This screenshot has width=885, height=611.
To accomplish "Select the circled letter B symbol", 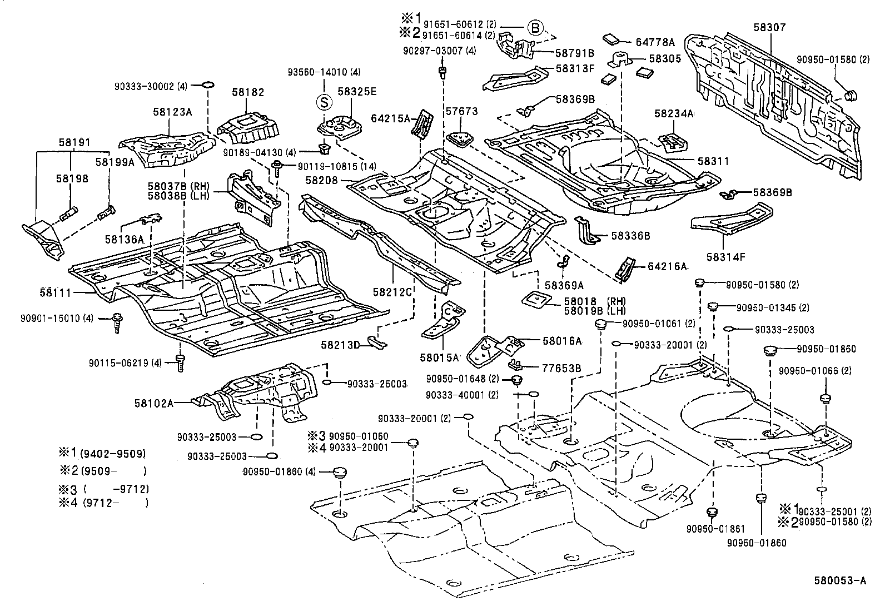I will click(534, 27).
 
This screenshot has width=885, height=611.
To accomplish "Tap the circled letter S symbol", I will click(324, 102).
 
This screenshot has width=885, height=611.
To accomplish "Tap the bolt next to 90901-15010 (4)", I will click(117, 322).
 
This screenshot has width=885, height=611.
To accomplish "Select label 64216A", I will click(667, 266).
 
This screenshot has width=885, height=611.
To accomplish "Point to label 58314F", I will click(726, 257).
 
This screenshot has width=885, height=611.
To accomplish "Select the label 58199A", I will click(115, 162).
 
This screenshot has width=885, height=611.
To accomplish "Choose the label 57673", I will click(461, 112).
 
